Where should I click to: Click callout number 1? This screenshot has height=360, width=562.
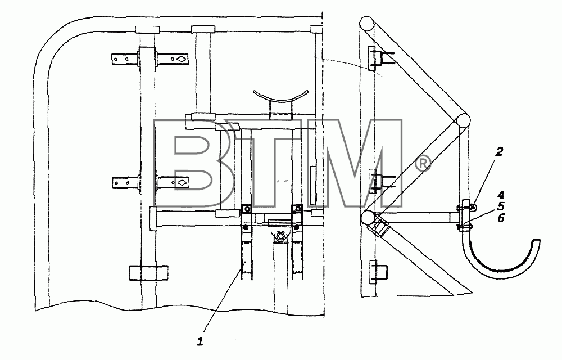(x=200, y=341)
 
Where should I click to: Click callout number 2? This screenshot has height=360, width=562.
(x=498, y=152)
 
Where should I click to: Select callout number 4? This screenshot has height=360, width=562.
(x=501, y=195)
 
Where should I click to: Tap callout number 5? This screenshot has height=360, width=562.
(x=501, y=206)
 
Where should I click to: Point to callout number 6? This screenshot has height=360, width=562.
(x=501, y=218)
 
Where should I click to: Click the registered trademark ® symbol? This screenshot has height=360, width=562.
(x=423, y=164)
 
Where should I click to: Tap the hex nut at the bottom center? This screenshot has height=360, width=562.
(x=279, y=236)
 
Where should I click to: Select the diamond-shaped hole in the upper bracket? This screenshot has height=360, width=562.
(x=182, y=58)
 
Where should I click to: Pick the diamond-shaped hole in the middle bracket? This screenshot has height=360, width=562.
(x=182, y=182)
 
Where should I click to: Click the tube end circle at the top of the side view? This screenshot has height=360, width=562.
(x=366, y=24)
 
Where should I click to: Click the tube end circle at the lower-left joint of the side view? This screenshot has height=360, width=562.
(x=368, y=218)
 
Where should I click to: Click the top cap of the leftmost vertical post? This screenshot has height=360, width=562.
(x=147, y=29)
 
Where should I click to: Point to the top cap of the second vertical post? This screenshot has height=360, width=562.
(x=202, y=29)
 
